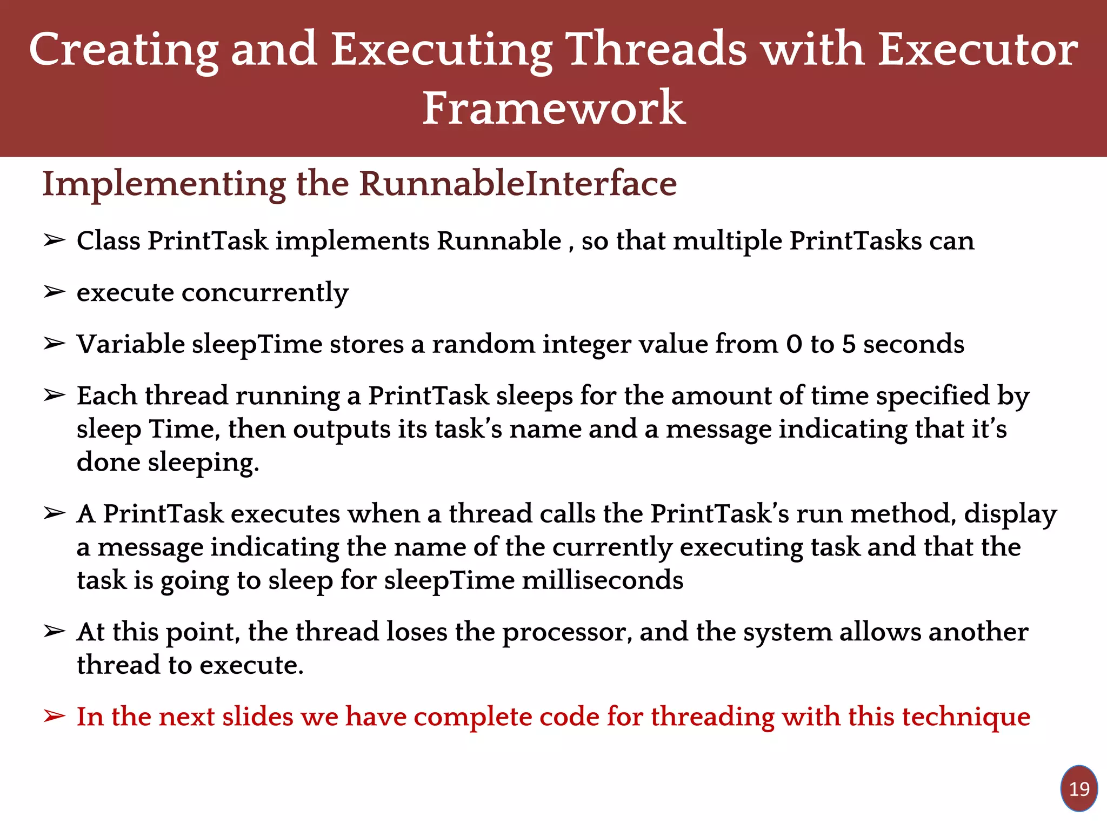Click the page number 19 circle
pos(1079,789)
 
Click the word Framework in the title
pos(553,108)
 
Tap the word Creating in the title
pos(124,50)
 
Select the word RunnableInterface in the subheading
pos(518,184)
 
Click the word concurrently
pos(265,293)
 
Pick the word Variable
pos(131,344)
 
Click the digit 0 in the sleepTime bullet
pos(794,344)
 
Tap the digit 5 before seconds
pos(849,344)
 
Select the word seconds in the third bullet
pos(913,344)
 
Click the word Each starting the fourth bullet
pos(106,396)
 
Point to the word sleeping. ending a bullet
pos(203,463)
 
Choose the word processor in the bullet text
pos(567,632)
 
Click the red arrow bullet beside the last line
pos(54,717)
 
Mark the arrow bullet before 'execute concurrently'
pos(54,292)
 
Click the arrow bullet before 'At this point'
pos(54,631)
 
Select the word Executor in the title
pos(978,50)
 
